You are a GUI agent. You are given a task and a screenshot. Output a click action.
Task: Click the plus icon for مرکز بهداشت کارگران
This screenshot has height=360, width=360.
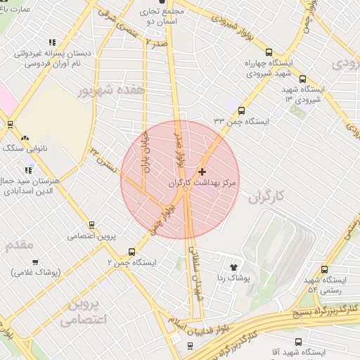pyautogui.click(x=202, y=172)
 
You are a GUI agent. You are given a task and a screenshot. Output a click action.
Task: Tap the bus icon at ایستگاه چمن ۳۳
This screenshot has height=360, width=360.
pyautogui.click(x=242, y=110)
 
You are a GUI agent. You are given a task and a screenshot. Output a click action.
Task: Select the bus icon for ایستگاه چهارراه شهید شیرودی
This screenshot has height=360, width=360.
pyautogui.click(x=268, y=52)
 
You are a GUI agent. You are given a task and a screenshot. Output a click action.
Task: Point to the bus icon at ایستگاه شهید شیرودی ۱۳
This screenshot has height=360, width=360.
pyautogui.click(x=302, y=79)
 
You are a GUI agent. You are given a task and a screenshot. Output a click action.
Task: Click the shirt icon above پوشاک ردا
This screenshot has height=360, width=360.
pyautogui.click(x=234, y=267)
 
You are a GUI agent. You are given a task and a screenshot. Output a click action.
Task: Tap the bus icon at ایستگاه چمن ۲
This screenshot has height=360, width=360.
pyautogui.click(x=131, y=252)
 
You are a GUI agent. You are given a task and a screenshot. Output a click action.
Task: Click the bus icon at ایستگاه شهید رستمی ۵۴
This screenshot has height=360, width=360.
pyautogui.click(x=324, y=269)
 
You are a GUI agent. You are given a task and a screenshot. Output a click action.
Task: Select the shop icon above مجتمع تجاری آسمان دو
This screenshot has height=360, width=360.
pyautogui.click(x=163, y=3)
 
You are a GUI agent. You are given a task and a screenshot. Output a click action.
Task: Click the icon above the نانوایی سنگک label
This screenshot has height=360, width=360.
pyautogui.click(x=26, y=139)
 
